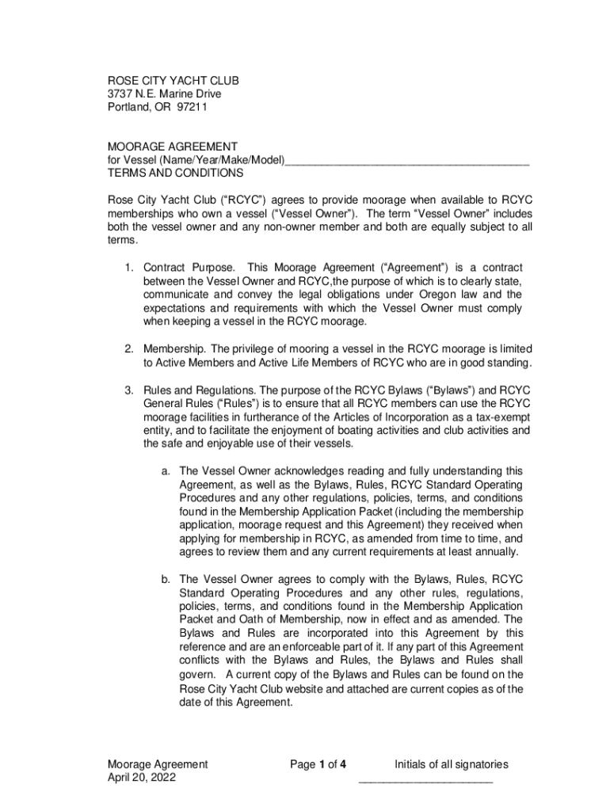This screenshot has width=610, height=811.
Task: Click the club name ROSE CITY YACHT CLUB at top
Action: (173, 81)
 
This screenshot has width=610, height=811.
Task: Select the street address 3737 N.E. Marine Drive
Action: (164, 94)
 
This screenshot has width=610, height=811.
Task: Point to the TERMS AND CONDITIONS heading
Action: (175, 173)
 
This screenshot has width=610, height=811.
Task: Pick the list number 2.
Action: (128, 349)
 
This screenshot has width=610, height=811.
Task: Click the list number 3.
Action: (128, 390)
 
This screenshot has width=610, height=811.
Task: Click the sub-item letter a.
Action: (166, 471)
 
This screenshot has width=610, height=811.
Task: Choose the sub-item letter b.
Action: (166, 579)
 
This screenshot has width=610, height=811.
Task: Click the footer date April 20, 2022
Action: (142, 778)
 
